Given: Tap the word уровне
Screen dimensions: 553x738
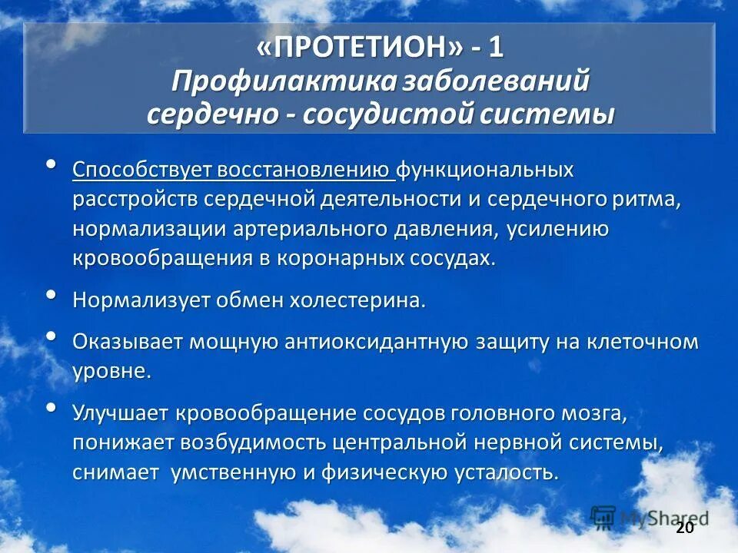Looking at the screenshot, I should pyautogui.click(x=109, y=372).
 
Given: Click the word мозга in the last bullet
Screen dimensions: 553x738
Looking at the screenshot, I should pyautogui.click(x=591, y=413).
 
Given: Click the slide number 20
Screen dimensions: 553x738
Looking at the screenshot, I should pyautogui.click(x=684, y=528).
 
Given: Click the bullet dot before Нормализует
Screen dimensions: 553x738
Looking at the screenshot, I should pyautogui.click(x=51, y=295).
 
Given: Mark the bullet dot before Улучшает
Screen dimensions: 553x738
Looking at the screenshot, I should pyautogui.click(x=51, y=408).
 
